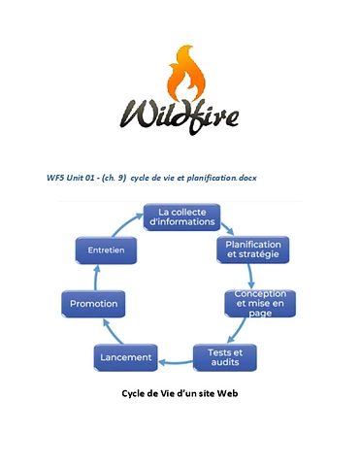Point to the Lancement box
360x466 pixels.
(126, 357)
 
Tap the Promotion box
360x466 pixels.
(93, 304)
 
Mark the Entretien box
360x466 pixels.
(106, 250)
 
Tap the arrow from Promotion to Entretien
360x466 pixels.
(94, 277)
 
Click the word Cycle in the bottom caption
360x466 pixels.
(135, 394)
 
